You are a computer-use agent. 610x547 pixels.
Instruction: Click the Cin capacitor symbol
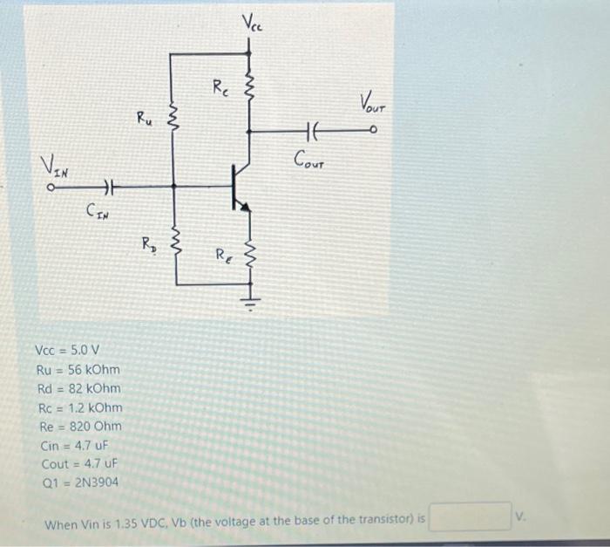pos(109,186)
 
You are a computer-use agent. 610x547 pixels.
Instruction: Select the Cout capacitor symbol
pos(314,132)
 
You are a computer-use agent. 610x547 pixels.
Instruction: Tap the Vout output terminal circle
pos(373,132)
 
